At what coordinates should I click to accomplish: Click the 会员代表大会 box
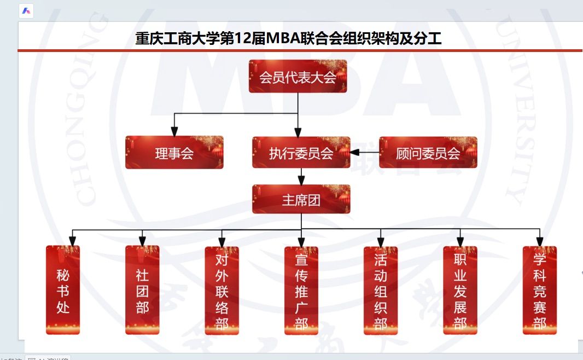click(298, 77)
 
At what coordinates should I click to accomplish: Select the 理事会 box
click(174, 153)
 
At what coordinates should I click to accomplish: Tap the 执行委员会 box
click(301, 153)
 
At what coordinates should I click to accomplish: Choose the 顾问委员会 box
click(428, 153)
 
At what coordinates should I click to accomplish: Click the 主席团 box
click(301, 200)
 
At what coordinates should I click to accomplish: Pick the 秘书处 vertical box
click(63, 290)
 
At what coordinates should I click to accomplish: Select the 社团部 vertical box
click(142, 290)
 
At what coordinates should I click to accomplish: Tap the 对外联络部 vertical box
click(221, 291)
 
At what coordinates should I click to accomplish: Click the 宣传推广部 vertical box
click(301, 291)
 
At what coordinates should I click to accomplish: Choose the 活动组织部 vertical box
click(381, 291)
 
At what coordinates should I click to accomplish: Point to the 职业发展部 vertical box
click(460, 291)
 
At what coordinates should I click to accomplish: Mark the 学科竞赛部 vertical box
click(540, 291)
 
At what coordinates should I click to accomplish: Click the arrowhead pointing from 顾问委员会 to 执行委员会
click(355, 152)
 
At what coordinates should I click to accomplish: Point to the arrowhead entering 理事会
click(174, 132)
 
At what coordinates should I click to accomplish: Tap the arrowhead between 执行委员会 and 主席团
click(301, 179)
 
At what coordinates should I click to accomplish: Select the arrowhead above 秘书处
click(72, 241)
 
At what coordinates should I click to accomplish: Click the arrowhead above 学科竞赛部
click(540, 241)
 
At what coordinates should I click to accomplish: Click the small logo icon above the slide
click(26, 11)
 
